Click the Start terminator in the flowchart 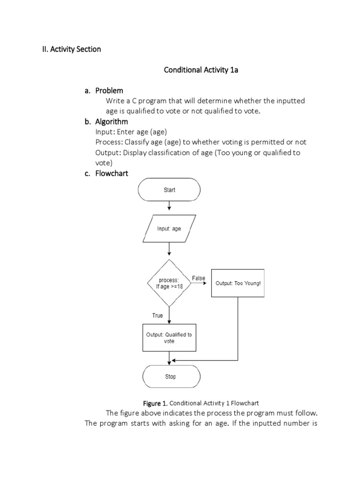click(x=169, y=190)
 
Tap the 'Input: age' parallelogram click(x=169, y=229)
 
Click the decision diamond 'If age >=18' click(x=169, y=283)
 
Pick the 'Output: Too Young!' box click(x=238, y=283)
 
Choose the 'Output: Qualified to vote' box click(x=169, y=337)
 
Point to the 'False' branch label click(x=199, y=278)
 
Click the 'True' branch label click(x=157, y=315)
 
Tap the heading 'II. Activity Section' click(x=69, y=49)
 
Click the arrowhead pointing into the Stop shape click(x=169, y=363)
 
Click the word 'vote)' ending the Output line click(x=104, y=163)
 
